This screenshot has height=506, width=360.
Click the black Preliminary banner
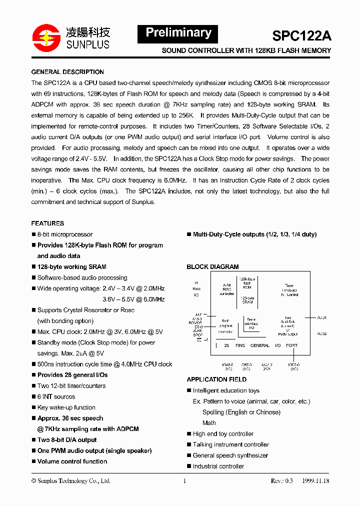[178, 33]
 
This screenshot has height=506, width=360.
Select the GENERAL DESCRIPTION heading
[67, 72]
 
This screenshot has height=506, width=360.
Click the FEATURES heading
[47, 223]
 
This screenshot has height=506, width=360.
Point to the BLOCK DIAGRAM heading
[212, 267]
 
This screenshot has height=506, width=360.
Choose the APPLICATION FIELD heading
[216, 379]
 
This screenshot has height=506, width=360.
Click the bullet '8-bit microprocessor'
[65, 234]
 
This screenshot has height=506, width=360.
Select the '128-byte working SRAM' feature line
[71, 267]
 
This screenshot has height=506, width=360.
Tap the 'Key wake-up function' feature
[66, 407]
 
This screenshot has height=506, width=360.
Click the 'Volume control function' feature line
[72, 461]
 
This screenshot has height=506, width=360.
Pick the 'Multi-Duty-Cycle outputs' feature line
[254, 234]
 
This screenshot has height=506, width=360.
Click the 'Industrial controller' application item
[218, 466]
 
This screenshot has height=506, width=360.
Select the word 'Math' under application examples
[209, 423]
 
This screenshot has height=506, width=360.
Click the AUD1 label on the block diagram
[321, 317]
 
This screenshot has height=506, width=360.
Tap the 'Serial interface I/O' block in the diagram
[251, 323]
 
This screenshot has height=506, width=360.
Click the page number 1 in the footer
[184, 481]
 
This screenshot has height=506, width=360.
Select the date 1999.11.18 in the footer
[315, 481]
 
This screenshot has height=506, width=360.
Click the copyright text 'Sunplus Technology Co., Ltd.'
[70, 481]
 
